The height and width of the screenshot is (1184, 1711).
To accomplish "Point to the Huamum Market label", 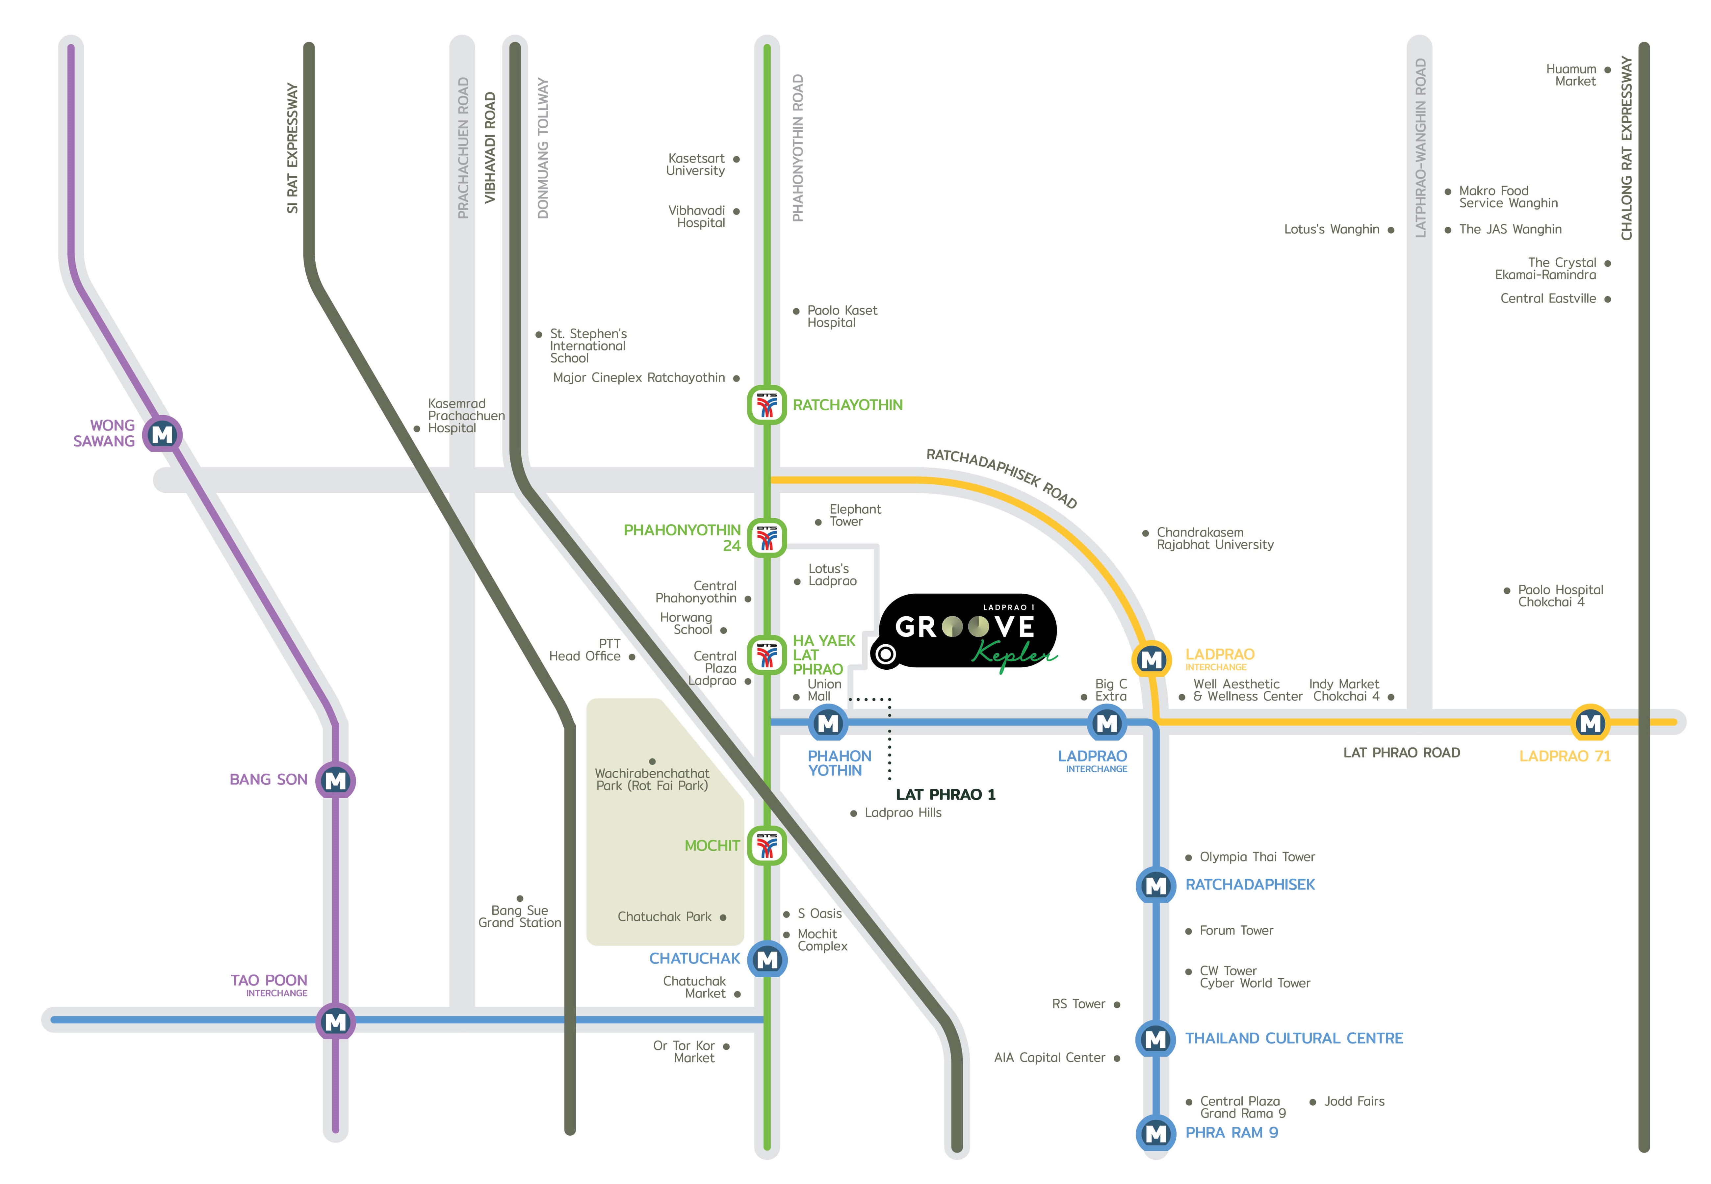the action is (x=1571, y=75).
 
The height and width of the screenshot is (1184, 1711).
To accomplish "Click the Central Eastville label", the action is (x=1548, y=298).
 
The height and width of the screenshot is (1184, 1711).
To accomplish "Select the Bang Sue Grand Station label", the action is (x=519, y=916).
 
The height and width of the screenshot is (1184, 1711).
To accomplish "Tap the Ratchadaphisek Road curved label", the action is (x=1002, y=477).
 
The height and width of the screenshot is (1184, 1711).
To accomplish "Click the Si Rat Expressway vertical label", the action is (x=292, y=148).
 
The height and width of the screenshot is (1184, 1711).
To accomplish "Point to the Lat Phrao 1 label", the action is (x=945, y=794).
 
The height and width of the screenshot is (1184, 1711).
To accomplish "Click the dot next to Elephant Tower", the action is (x=818, y=522).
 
